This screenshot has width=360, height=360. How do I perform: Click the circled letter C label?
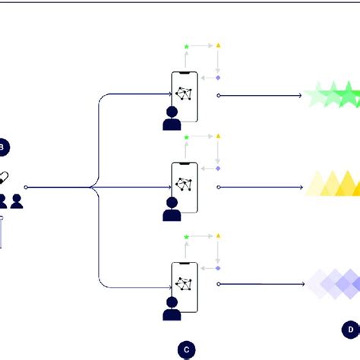click(186, 349)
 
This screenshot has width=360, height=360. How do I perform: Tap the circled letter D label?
click(350, 329)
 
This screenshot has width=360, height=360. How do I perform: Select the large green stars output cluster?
click(333, 96)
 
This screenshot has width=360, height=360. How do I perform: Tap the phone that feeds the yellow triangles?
click(185, 185)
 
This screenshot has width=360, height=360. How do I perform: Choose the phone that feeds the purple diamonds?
click(185, 284)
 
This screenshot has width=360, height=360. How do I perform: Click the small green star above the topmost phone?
click(186, 47)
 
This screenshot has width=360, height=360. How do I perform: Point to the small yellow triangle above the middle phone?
click(218, 137)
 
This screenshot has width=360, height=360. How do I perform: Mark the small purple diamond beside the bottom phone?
click(218, 268)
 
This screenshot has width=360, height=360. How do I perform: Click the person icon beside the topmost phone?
click(172, 118)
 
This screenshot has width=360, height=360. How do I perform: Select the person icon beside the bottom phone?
click(172, 308)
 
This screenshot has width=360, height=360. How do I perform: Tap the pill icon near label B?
click(4, 177)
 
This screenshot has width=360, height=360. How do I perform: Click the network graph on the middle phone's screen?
click(184, 185)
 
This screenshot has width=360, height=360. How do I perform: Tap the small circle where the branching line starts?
click(27, 186)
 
